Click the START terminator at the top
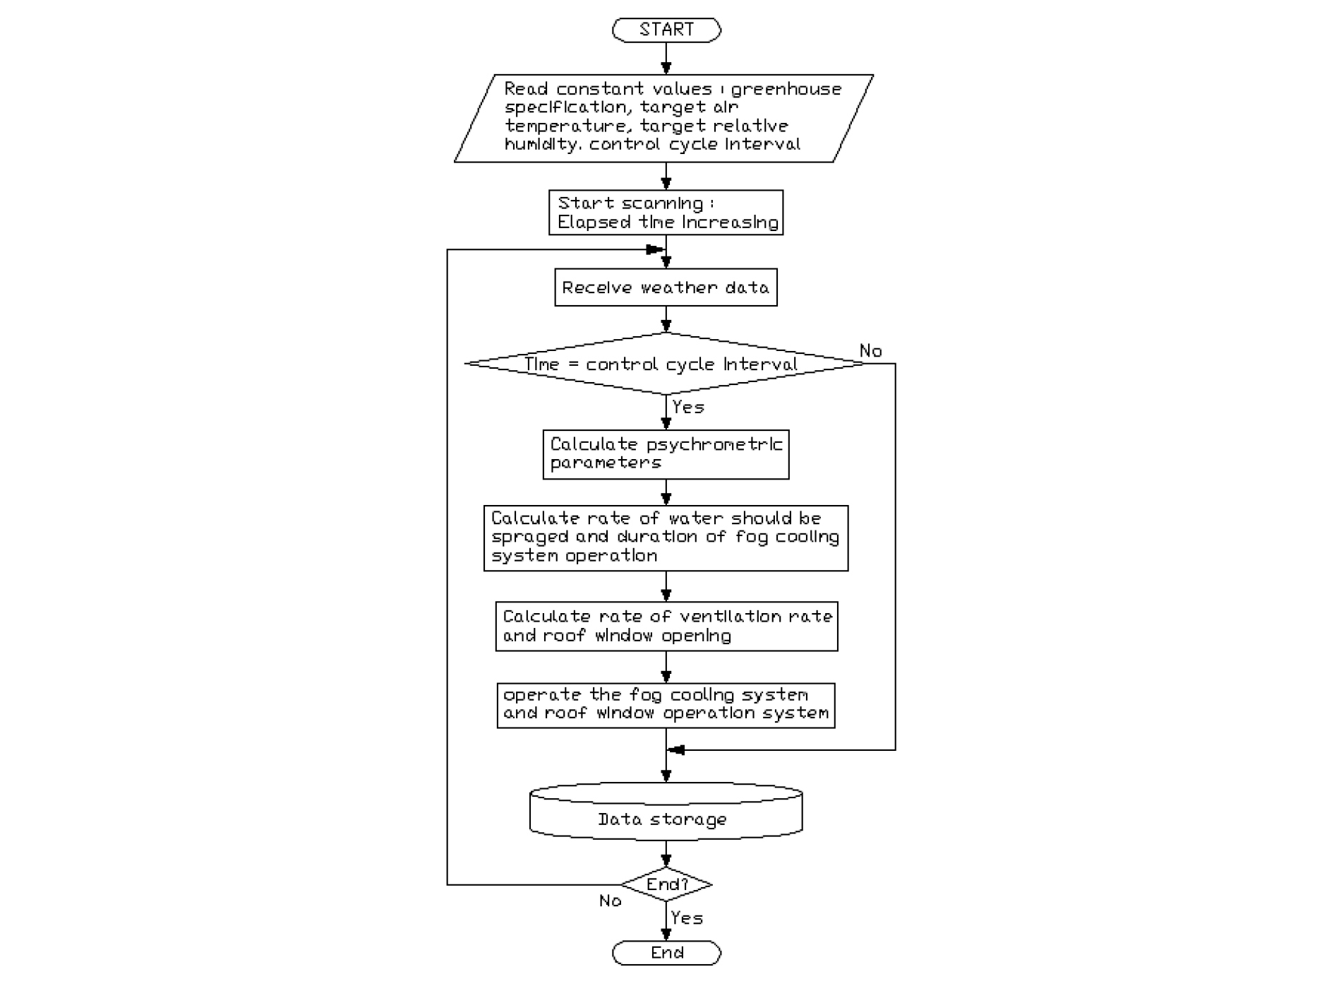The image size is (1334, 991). [666, 30]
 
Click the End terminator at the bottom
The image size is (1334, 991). [666, 953]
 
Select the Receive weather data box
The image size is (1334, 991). [666, 287]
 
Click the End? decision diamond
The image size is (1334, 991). [666, 884]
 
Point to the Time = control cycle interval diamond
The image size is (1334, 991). [663, 364]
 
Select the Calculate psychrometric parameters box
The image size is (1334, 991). [666, 454]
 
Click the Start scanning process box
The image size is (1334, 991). [666, 213]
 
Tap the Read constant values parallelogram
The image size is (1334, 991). [663, 118]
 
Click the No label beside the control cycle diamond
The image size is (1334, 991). [870, 351]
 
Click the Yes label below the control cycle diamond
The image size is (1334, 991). [687, 408]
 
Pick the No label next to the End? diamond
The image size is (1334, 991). [610, 901]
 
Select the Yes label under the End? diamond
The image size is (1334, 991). [687, 918]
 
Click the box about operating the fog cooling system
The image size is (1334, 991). [666, 705]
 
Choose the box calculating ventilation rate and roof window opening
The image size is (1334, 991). [666, 627]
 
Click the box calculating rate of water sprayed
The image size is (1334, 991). [666, 538]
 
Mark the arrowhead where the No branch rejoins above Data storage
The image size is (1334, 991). [676, 750]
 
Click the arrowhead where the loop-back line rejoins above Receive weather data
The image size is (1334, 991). [654, 249]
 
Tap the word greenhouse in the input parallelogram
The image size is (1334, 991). [786, 90]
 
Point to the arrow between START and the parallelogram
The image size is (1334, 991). [666, 59]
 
